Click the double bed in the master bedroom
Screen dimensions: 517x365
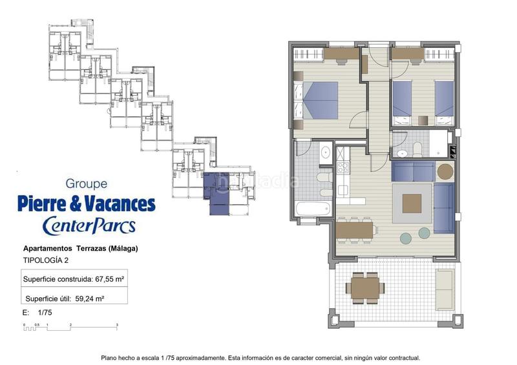[x=321, y=100]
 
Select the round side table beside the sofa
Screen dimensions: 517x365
[x=445, y=171]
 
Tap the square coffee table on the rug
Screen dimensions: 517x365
[x=412, y=203]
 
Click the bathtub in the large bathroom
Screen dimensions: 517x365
[x=313, y=209]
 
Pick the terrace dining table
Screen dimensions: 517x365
[x=365, y=288]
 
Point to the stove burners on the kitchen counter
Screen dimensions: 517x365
[x=343, y=167]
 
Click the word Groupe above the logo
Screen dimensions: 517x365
[x=87, y=183]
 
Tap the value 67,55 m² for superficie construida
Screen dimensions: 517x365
[x=109, y=279]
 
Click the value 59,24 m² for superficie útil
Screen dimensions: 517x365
[x=90, y=298]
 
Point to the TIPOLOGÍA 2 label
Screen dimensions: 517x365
[x=46, y=260]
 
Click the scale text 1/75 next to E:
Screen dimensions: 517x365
[x=45, y=312]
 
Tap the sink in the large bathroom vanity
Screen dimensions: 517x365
[x=326, y=152]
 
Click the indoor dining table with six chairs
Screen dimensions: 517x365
[x=354, y=230]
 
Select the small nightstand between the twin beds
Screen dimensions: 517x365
[x=423, y=120]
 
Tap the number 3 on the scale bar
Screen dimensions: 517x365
[x=117, y=325]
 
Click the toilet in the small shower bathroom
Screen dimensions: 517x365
[x=417, y=149]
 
